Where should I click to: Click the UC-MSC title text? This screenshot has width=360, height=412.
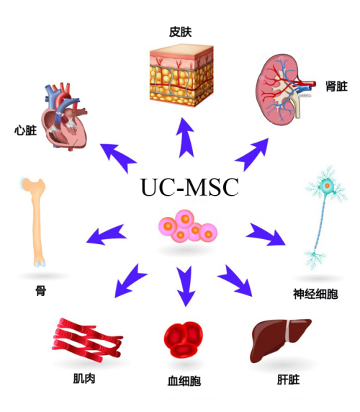pyautogui.click(x=190, y=187)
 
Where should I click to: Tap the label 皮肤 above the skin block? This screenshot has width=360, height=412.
pyautogui.click(x=181, y=32)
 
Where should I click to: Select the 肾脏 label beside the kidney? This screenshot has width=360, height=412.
pyautogui.click(x=336, y=86)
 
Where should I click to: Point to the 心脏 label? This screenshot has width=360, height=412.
pyautogui.click(x=25, y=130)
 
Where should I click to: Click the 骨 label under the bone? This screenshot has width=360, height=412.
pyautogui.click(x=41, y=290)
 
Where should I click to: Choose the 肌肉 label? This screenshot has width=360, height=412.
pyautogui.click(x=84, y=379)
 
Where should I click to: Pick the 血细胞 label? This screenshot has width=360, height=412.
pyautogui.click(x=184, y=381)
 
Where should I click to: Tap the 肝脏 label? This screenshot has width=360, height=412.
pyautogui.click(x=288, y=380)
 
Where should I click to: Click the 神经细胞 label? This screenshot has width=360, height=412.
pyautogui.click(x=315, y=294)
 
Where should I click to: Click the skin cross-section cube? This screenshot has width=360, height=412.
pyautogui.click(x=181, y=76)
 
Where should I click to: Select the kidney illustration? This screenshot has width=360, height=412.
pyautogui.click(x=284, y=89)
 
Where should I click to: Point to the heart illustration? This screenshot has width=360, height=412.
pyautogui.click(x=64, y=116)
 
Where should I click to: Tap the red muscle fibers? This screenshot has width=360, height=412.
pyautogui.click(x=87, y=339)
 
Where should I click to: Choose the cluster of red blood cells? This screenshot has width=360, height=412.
pyautogui.click(x=184, y=339)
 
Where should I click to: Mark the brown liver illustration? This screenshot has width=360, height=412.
pyautogui.click(x=280, y=340)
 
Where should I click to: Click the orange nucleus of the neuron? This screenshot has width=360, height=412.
pyautogui.click(x=327, y=186)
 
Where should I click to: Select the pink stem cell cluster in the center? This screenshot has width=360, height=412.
pyautogui.click(x=188, y=225)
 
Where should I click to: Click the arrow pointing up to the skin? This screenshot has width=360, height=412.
pyautogui.click(x=186, y=138)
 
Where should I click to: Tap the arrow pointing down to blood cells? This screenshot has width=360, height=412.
pyautogui.click(x=186, y=286)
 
